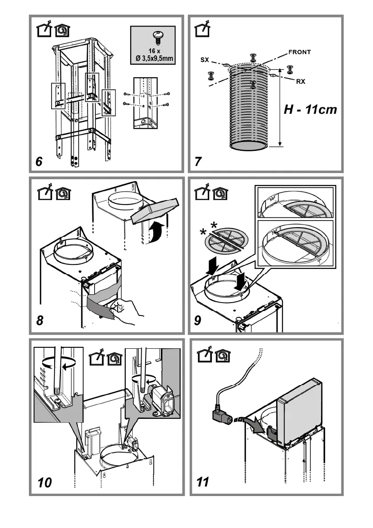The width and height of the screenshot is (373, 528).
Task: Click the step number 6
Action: [x=39, y=162]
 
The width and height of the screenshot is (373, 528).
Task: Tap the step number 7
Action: [x=198, y=162]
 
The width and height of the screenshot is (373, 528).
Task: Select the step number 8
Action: [x=40, y=320]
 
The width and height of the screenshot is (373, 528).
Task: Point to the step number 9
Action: [x=198, y=320]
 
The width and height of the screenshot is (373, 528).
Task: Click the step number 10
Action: [x=44, y=482]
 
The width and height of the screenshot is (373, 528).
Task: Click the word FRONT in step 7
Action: [x=300, y=52]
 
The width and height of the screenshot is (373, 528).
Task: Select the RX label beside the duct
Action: [x=300, y=81]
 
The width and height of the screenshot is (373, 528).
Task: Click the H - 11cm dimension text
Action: [x=310, y=109]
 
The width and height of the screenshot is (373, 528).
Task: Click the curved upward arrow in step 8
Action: [x=159, y=233]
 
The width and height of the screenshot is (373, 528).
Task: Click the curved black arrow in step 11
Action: [x=252, y=423]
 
